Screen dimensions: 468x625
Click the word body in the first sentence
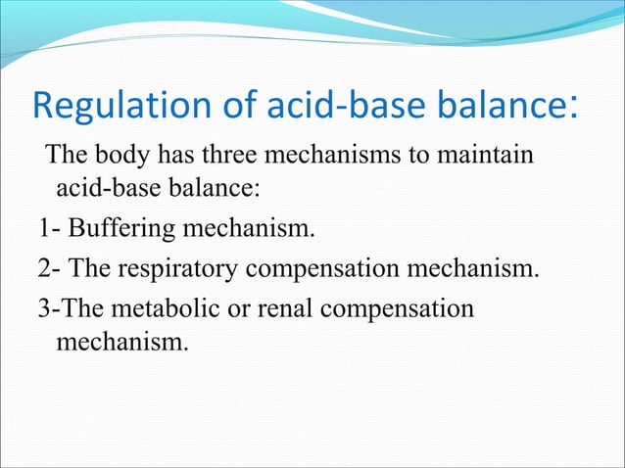point(121,157)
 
